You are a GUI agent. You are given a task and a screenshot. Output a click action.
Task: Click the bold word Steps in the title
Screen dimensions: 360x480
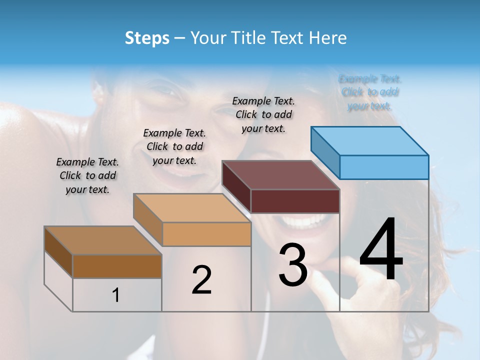tap(147, 38)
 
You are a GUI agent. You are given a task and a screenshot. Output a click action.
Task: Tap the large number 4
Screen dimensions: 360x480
tap(381, 251)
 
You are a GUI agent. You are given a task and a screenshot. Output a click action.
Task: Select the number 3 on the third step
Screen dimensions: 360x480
tap(293, 265)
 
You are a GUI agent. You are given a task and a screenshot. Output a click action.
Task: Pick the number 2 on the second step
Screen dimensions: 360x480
tap(201, 280)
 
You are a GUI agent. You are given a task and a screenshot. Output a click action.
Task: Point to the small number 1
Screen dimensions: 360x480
tap(116, 295)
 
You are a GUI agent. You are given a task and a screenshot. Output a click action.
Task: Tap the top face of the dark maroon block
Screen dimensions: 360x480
tap(281, 175)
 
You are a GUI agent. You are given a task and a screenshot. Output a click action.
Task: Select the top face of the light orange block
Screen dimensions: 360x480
tap(192, 208)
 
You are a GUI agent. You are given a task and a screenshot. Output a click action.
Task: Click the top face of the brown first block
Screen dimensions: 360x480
tap(103, 240)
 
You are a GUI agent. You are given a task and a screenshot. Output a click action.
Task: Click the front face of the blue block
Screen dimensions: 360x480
tap(384, 167)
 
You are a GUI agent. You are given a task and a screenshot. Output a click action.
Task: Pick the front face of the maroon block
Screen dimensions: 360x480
tap(295, 201)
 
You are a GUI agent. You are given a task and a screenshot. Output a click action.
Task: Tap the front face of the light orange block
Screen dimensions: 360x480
tap(206, 234)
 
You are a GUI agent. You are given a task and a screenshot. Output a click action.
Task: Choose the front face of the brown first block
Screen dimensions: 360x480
tap(117, 266)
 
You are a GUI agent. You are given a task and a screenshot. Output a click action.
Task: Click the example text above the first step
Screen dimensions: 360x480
tap(87, 175)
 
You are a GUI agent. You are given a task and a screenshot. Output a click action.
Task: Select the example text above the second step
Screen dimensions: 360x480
tap(174, 146)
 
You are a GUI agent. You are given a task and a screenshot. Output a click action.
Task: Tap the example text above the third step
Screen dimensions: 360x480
tap(263, 114)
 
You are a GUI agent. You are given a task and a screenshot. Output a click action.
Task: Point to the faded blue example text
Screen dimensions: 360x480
tap(370, 92)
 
